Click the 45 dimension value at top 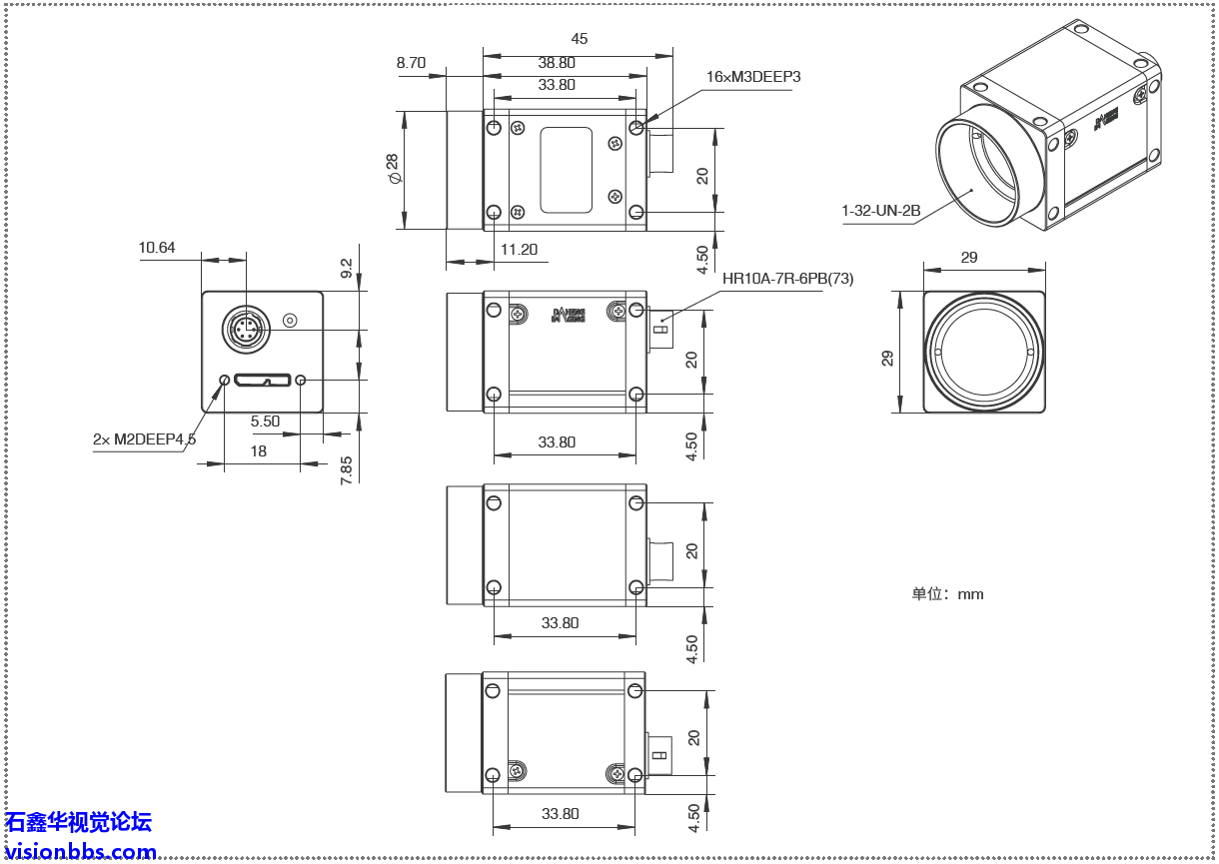(x=579, y=39)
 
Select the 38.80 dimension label (x=557, y=62)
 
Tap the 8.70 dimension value (x=411, y=62)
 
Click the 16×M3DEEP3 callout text (x=753, y=77)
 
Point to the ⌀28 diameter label (x=393, y=169)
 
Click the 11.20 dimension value (x=519, y=250)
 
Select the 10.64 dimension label (x=157, y=247)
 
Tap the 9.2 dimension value (x=347, y=268)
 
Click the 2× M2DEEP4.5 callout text (x=144, y=438)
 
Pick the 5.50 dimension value (x=265, y=422)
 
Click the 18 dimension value (x=258, y=450)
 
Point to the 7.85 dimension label (x=347, y=469)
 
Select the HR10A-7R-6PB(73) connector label (x=788, y=279)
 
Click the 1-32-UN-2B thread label (x=880, y=211)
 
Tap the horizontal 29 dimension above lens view (x=968, y=257)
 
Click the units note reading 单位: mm (x=947, y=594)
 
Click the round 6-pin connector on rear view (x=245, y=329)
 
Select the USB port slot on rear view (x=263, y=381)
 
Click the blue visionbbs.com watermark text (x=80, y=852)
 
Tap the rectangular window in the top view (x=566, y=170)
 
